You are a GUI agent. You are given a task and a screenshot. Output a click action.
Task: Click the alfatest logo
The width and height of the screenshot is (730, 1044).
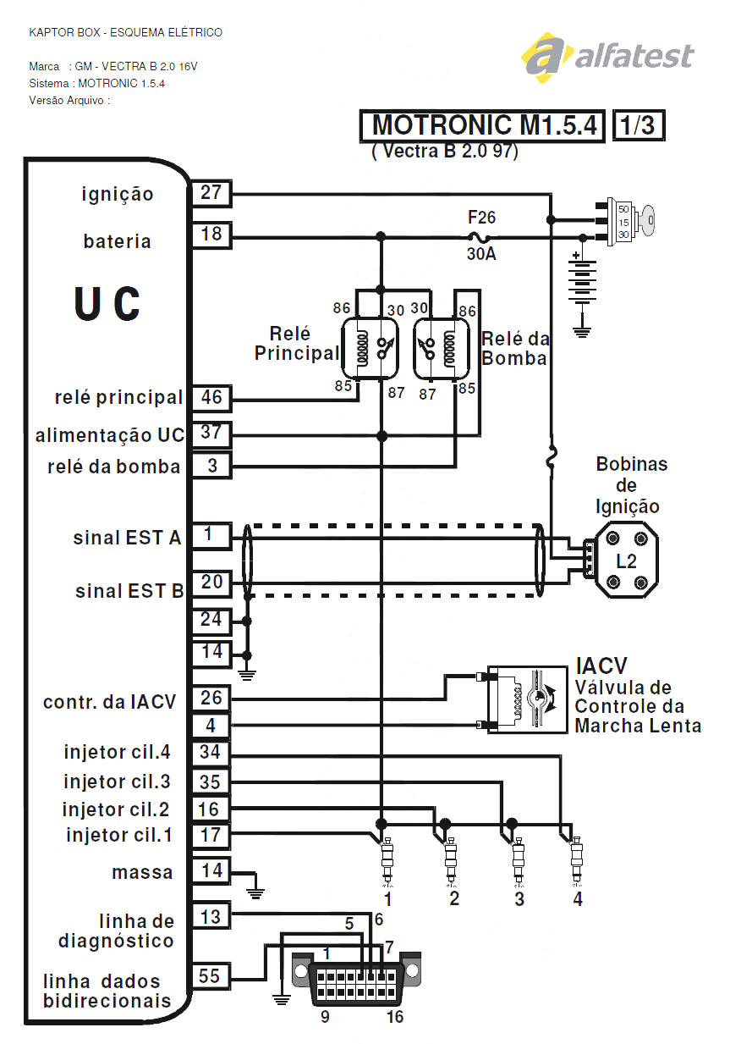tap(607, 58)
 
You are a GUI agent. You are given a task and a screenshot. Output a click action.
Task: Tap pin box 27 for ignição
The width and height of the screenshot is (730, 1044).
tap(211, 192)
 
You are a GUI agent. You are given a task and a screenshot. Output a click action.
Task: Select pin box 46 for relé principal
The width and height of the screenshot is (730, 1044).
tap(211, 398)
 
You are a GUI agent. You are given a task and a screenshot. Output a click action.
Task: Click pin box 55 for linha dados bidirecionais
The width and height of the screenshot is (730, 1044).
tap(211, 976)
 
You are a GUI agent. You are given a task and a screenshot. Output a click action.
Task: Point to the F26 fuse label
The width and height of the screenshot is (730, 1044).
tap(481, 218)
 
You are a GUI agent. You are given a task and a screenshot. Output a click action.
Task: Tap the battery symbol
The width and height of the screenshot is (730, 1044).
tap(581, 282)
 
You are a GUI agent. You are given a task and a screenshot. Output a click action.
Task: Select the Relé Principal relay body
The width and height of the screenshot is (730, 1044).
tap(370, 348)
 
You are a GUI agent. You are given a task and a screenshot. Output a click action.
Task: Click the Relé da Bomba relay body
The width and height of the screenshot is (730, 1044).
tap(442, 348)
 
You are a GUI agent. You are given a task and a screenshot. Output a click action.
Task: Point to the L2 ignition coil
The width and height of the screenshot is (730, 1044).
tap(626, 561)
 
